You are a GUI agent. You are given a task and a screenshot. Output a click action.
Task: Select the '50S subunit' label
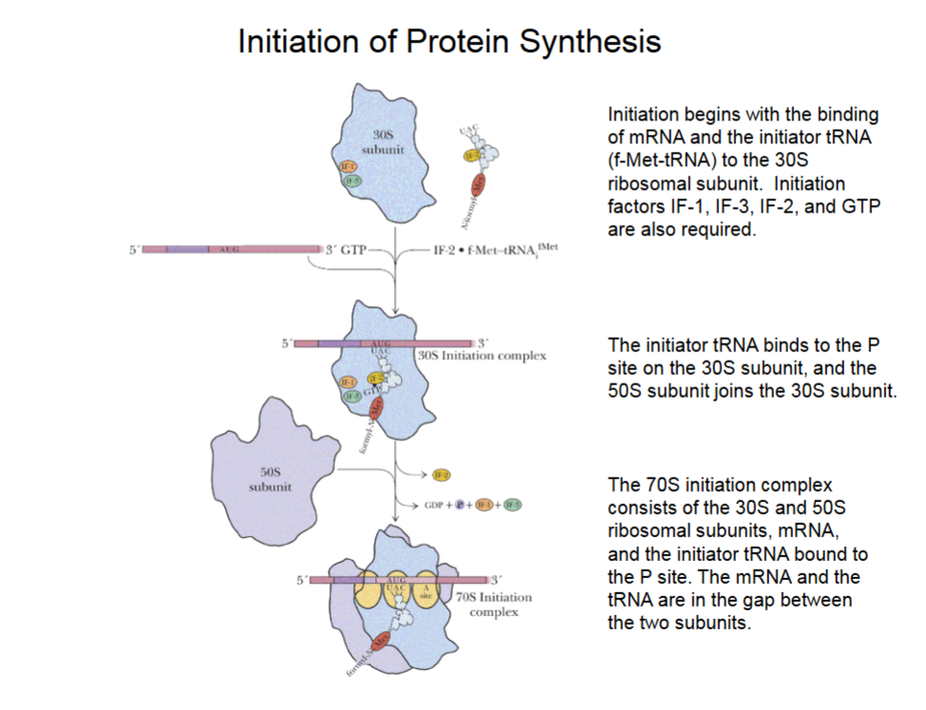[x=270, y=478]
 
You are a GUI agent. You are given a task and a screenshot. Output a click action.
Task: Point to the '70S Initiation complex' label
[x=494, y=604]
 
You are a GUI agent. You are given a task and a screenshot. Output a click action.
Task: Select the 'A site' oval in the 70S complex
[x=426, y=589]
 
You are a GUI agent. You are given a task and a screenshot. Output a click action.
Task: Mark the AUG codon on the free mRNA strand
[x=228, y=250]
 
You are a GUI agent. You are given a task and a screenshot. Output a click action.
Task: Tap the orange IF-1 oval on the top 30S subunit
[x=349, y=167]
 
